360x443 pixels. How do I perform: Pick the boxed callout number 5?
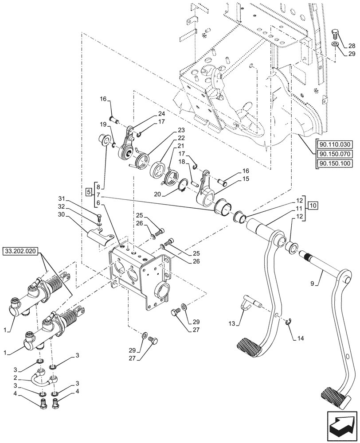pyautogui.click(x=89, y=192)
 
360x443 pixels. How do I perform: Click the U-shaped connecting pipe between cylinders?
pyautogui.click(x=44, y=379)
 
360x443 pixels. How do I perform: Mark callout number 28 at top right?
pyautogui.click(x=351, y=46)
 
